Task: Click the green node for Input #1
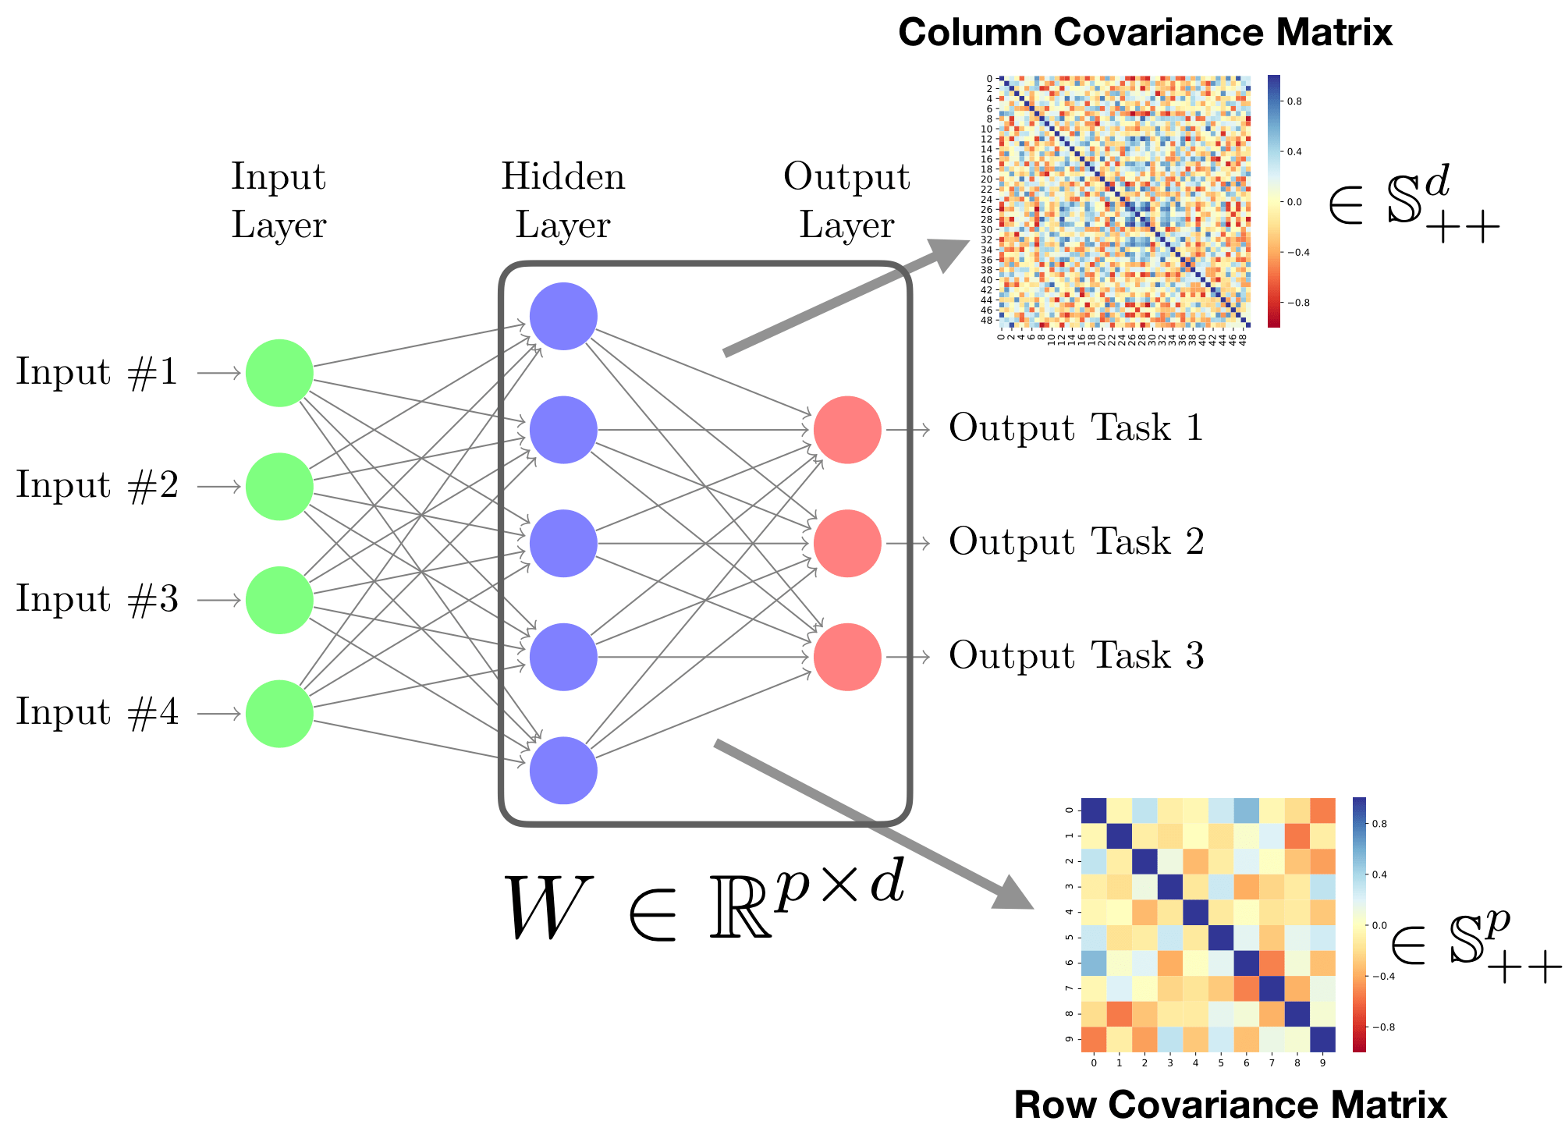(279, 373)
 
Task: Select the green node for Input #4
(279, 714)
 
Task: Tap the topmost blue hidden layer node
(563, 316)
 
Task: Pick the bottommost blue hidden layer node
(563, 770)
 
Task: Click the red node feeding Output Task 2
(847, 544)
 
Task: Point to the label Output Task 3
(1076, 656)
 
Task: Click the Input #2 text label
(97, 486)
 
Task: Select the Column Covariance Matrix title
(1144, 33)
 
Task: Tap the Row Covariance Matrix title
(1230, 1105)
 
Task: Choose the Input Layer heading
(279, 200)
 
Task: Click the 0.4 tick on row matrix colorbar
(1379, 874)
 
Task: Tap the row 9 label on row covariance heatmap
(1068, 1039)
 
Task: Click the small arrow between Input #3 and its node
(218, 601)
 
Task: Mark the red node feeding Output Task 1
(847, 430)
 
